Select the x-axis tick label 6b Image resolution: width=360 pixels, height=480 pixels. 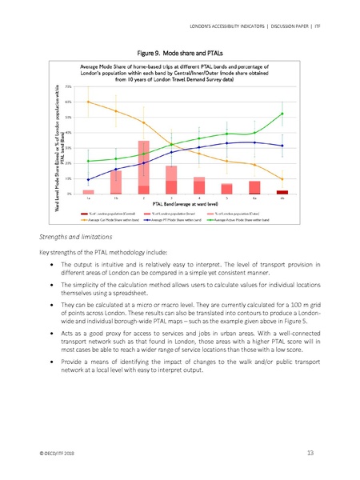282,198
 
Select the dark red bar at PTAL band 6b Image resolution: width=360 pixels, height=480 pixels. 282,192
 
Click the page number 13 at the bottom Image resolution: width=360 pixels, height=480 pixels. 310,454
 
